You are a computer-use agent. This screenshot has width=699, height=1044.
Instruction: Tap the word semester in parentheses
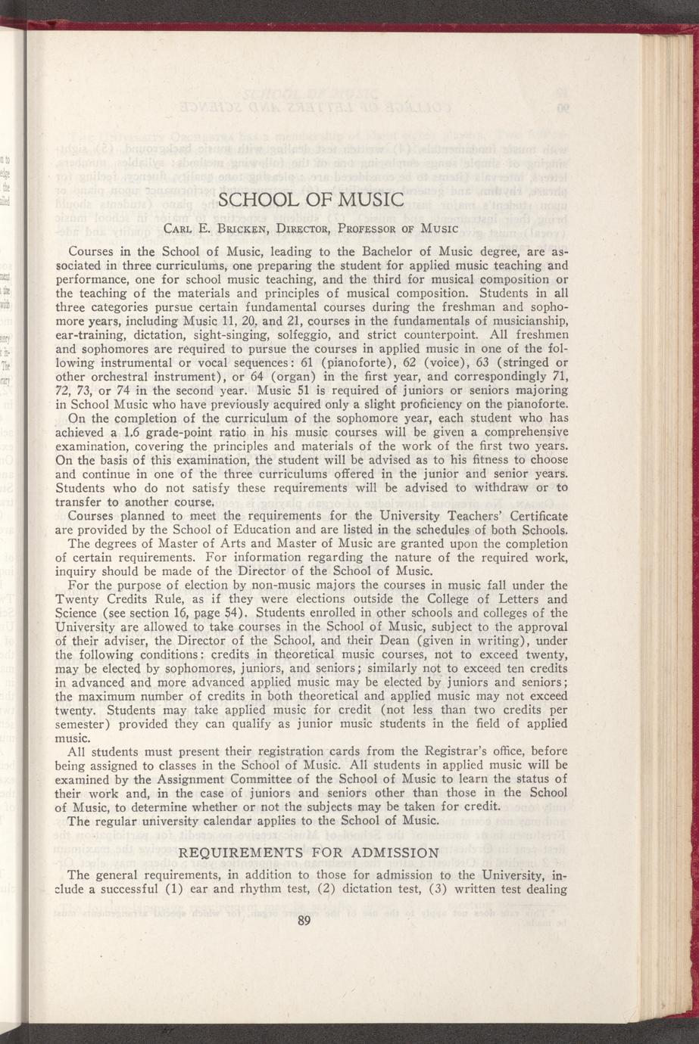pyautogui.click(x=81, y=724)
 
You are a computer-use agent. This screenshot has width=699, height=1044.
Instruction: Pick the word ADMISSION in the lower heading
pyautogui.click(x=395, y=853)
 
